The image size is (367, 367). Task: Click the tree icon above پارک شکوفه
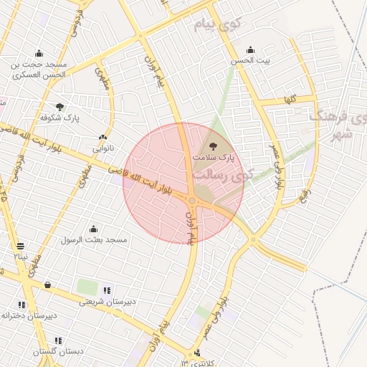(59, 106)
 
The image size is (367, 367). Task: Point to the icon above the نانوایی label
(103, 138)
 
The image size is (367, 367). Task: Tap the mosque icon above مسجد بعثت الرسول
(93, 229)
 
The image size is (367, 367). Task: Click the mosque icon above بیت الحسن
(250, 49)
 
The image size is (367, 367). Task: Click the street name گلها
(290, 97)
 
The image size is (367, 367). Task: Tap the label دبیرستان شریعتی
(108, 302)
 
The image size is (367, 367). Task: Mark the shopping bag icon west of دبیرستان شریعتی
(47, 285)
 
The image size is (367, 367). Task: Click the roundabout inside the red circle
(193, 201)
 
